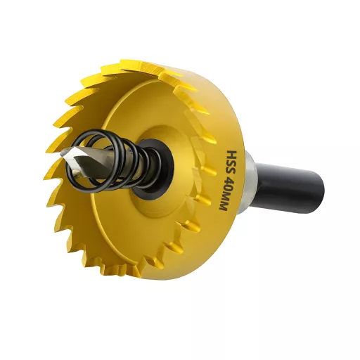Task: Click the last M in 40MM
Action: click(223, 205)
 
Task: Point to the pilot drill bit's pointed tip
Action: click(61, 153)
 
